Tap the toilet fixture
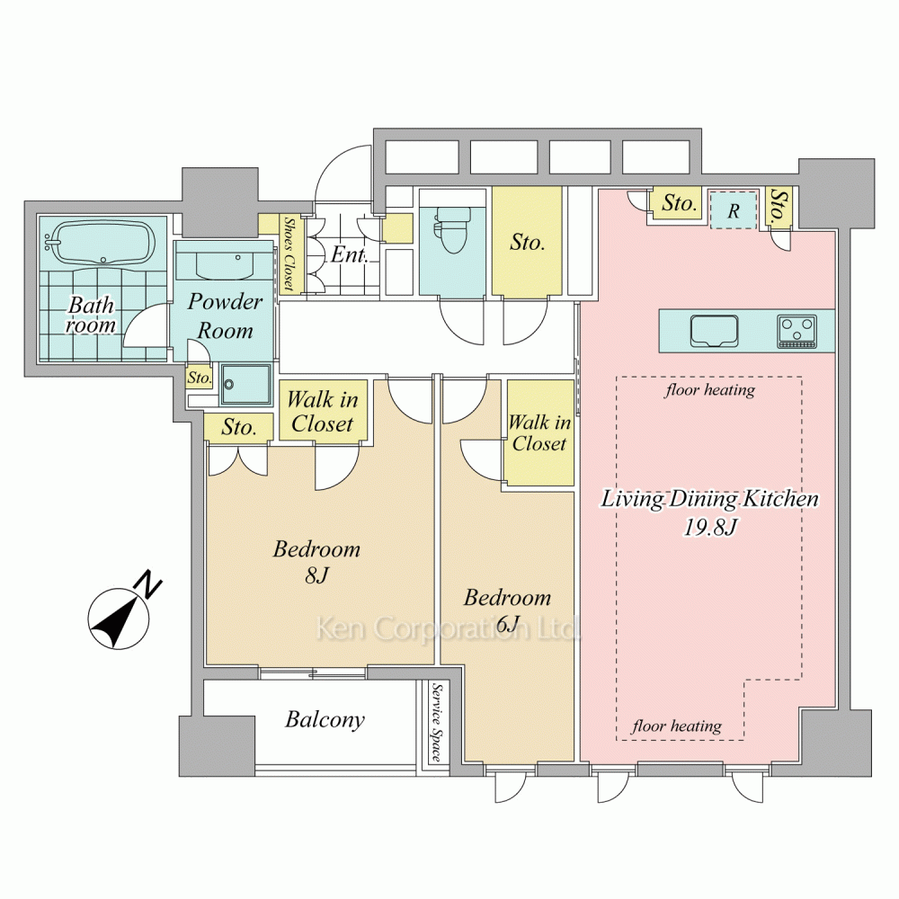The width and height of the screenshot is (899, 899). [x=452, y=229]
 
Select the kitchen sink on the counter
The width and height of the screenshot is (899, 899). [x=714, y=331]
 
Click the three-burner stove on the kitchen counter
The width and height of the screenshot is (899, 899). [x=797, y=332]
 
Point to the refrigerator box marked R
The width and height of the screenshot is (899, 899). [x=734, y=210]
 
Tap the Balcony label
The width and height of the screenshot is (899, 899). [x=325, y=719]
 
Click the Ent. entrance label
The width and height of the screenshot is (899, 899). [x=349, y=254]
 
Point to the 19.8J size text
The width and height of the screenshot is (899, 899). [x=710, y=527]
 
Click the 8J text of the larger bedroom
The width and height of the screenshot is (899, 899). [x=317, y=575]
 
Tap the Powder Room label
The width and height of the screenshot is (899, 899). [x=225, y=316]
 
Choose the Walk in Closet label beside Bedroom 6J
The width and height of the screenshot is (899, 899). [x=539, y=433]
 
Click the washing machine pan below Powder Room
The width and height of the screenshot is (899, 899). [x=246, y=384]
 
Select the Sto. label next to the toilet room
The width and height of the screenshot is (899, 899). [x=527, y=243]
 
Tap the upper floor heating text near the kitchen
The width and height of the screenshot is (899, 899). [x=710, y=390]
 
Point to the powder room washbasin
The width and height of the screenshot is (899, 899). [x=225, y=265]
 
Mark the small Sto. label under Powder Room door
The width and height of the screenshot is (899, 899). [x=200, y=378]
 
